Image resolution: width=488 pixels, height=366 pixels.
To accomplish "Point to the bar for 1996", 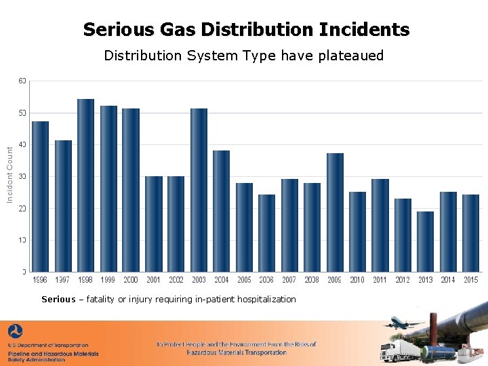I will [x=40, y=197].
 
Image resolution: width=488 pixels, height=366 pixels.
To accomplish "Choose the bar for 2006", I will [x=266, y=233].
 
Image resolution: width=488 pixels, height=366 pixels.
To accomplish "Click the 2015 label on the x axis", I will [x=470, y=279].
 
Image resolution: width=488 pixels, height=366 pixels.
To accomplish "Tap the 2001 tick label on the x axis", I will [x=153, y=279].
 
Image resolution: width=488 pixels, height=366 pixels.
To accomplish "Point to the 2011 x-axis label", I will [x=380, y=279].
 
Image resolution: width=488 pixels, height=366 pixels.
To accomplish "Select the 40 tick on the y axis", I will [x=22, y=144].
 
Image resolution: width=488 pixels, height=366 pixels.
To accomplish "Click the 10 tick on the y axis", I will [x=22, y=240].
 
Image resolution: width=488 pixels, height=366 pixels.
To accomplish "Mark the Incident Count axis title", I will [x=9, y=176].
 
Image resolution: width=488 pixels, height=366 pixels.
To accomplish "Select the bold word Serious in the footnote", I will [x=58, y=299].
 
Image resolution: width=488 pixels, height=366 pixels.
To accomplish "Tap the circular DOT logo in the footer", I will [x=15, y=332].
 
